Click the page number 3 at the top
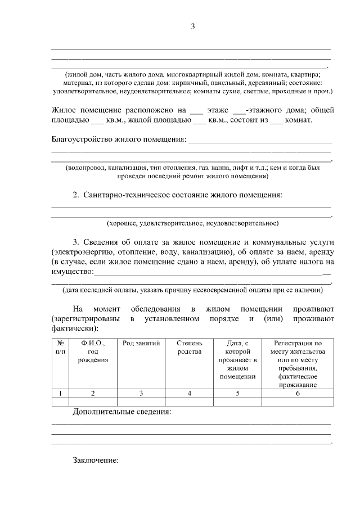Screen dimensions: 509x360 coord(192,26)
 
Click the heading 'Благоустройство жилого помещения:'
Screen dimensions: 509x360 coord(118,139)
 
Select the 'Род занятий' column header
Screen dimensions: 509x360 coord(141,343)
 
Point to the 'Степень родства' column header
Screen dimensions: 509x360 coord(190,347)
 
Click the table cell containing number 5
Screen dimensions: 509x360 coord(238,393)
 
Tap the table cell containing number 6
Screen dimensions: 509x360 coord(298,393)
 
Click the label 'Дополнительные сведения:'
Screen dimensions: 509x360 coord(121,412)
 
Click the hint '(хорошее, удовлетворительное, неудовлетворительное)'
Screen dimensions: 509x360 coord(192,223)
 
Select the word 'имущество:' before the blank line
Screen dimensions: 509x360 coord(71,272)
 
